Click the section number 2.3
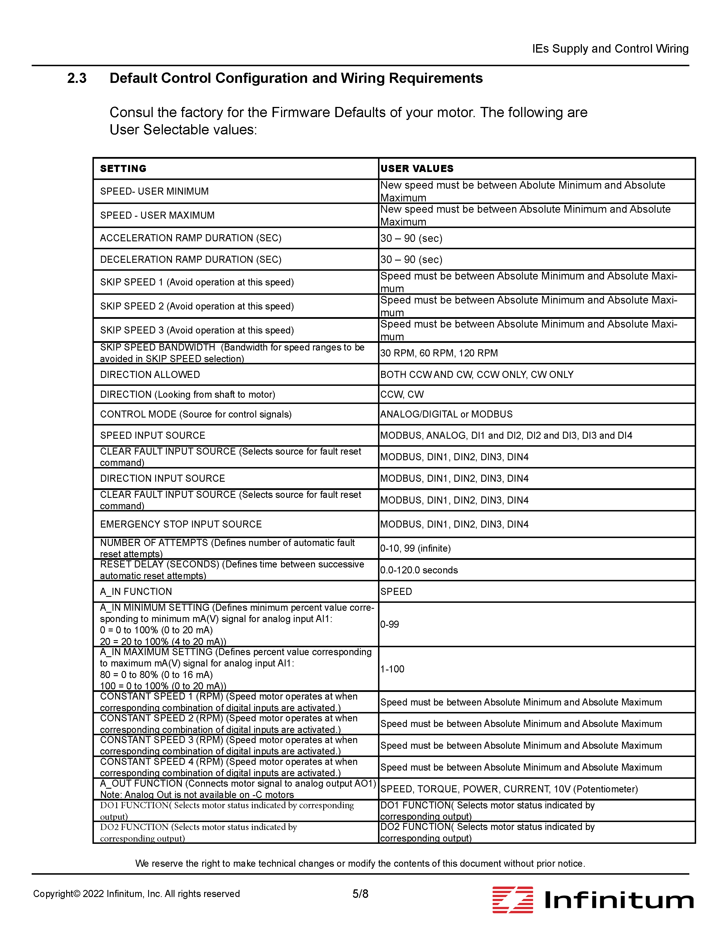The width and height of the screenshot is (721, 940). pyautogui.click(x=77, y=78)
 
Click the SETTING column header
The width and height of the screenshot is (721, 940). pyautogui.click(x=123, y=168)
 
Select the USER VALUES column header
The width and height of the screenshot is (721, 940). pyautogui.click(x=417, y=168)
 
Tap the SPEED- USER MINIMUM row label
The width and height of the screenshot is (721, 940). pyautogui.click(x=154, y=191)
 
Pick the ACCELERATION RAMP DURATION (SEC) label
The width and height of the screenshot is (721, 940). pyautogui.click(x=191, y=238)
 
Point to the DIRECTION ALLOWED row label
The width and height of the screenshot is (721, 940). pyautogui.click(x=150, y=375)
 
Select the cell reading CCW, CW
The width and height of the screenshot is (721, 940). pyautogui.click(x=402, y=394)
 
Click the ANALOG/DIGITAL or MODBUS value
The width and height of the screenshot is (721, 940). pyautogui.click(x=446, y=414)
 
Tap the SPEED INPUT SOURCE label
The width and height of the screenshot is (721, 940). pyautogui.click(x=152, y=435)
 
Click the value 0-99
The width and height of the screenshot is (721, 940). pyautogui.click(x=390, y=624)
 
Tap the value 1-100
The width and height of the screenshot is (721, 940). pyautogui.click(x=392, y=669)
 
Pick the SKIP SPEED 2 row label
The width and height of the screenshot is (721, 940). pyautogui.click(x=197, y=306)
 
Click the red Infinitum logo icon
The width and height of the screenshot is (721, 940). pyautogui.click(x=512, y=899)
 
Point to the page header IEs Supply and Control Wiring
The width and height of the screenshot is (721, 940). pyautogui.click(x=610, y=49)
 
